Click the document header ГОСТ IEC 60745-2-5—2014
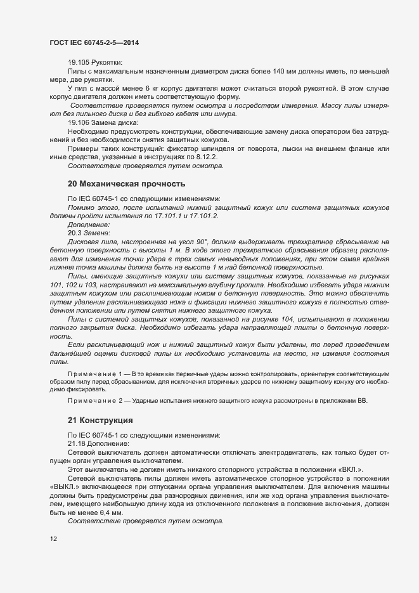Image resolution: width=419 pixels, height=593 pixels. pos(94,42)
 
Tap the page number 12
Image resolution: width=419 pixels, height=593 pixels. pos(53,539)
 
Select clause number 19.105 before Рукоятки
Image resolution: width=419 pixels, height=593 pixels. pos(80,62)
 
